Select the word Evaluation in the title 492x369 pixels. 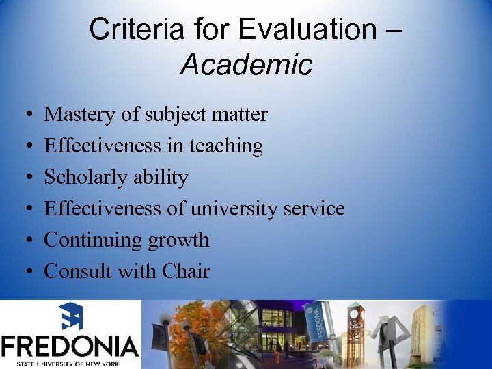[x=303, y=29]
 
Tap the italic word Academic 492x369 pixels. [x=246, y=65]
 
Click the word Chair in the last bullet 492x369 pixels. [x=186, y=271]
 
